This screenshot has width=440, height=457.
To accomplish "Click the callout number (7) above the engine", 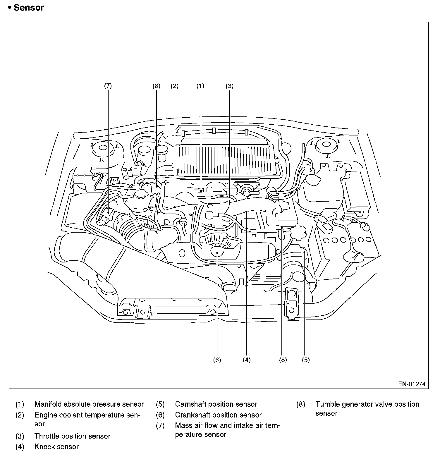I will click(x=108, y=86).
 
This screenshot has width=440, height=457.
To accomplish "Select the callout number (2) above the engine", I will click(x=174, y=86).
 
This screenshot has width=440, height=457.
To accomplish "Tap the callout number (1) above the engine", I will click(x=200, y=86).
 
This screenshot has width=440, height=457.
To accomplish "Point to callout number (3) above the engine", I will click(x=229, y=86).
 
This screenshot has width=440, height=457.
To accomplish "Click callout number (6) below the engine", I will click(x=217, y=360).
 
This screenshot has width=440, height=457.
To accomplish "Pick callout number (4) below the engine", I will click(x=247, y=360).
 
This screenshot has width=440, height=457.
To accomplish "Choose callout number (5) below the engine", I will click(x=306, y=360).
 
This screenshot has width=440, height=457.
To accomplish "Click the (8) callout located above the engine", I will click(x=156, y=86).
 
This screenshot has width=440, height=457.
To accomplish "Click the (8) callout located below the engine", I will click(x=283, y=360).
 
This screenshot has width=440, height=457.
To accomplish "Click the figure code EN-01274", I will click(x=412, y=384).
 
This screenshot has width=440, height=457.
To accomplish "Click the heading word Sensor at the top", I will click(x=29, y=8).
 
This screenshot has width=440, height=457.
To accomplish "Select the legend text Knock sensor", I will click(x=56, y=447).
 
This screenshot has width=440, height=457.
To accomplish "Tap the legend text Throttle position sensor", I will click(x=72, y=436).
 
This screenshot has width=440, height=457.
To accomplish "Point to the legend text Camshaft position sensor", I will click(x=216, y=404).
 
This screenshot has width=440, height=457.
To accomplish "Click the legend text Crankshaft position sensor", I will click(x=218, y=415).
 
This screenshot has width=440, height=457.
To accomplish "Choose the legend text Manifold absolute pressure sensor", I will click(x=89, y=404).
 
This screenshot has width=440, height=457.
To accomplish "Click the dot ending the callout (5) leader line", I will click(x=305, y=252).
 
